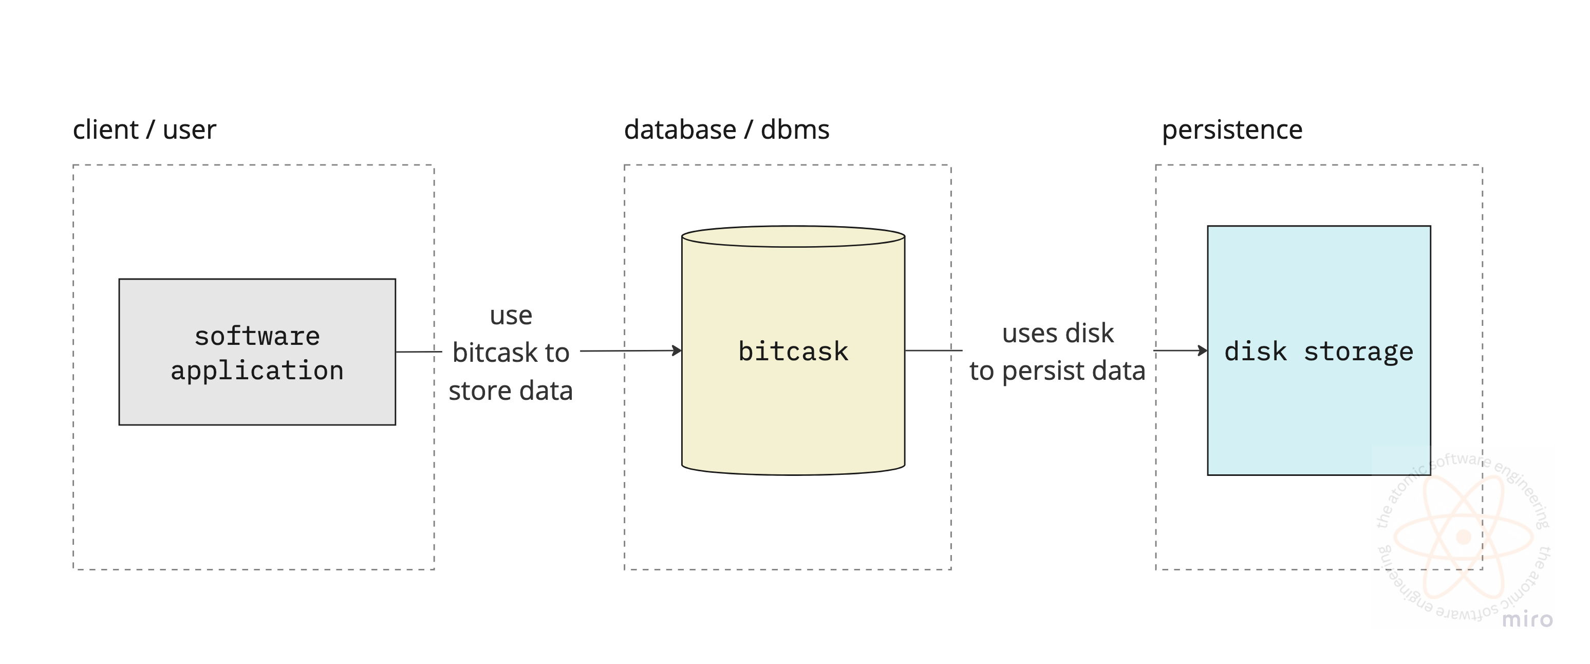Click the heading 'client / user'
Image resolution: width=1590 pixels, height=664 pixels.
pos(144,130)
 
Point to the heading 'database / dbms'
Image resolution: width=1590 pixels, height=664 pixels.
pos(726,130)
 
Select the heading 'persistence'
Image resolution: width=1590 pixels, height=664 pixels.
pos(1232,130)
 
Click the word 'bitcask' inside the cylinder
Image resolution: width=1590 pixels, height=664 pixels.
pos(793,351)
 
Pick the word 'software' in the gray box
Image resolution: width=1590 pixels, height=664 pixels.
pos(257,336)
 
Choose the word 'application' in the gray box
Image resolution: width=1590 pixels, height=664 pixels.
pos(257,371)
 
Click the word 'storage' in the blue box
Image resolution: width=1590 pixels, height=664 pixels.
pos(1358,351)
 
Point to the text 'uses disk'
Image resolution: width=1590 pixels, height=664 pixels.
pos(1057,334)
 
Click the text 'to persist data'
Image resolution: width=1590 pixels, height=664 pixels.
pos(1057,371)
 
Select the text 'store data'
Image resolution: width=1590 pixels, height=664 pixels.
pos(511,391)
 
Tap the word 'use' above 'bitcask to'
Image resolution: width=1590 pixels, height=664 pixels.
pos(511,315)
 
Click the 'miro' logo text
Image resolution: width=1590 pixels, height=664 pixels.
pos(1527,619)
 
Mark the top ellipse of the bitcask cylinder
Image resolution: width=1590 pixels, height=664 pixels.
pos(793,236)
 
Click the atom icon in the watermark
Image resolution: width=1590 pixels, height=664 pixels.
pos(1463,536)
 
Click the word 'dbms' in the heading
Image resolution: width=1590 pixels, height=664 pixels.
pos(795,130)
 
